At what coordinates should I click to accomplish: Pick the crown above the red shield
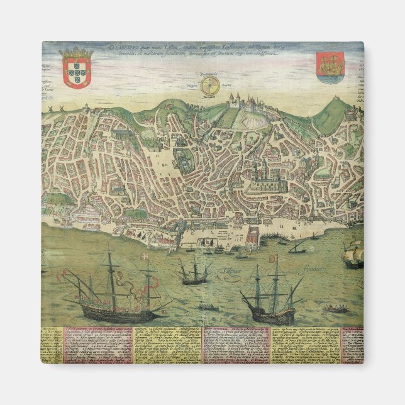click(75, 52)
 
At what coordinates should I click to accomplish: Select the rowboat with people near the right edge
click(336, 309)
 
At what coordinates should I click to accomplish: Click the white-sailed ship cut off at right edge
click(353, 255)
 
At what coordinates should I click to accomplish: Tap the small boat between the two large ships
click(208, 307)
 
